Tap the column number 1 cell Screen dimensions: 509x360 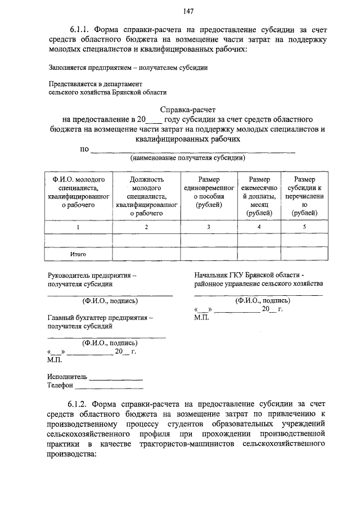(x=78, y=227)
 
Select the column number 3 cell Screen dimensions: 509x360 (x=209, y=227)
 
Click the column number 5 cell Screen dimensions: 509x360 (x=304, y=227)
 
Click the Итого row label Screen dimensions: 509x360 (x=78, y=254)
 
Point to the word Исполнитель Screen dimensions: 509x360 (x=67, y=376)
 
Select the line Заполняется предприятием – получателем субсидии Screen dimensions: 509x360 (x=128, y=68)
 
